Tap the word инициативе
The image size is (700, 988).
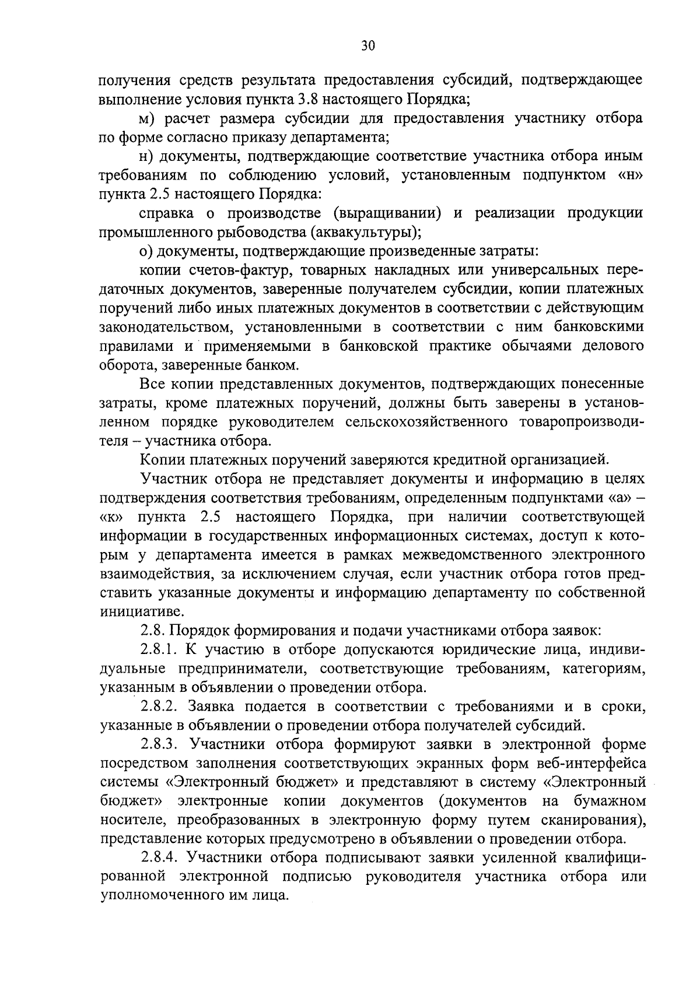click(134, 612)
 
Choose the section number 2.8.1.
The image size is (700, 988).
click(162, 649)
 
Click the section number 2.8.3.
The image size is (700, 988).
click(163, 744)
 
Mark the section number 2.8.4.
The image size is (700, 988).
click(163, 858)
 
